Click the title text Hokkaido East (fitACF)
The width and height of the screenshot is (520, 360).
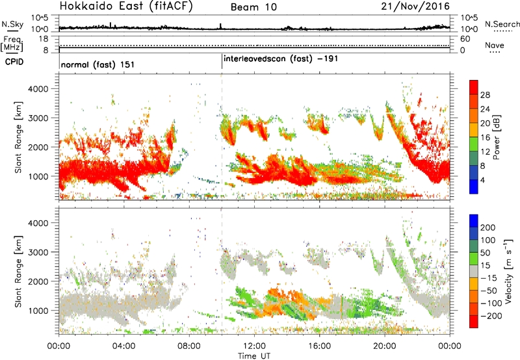[126, 6]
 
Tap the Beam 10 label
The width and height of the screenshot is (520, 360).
[253, 7]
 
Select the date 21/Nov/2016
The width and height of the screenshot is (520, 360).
[415, 6]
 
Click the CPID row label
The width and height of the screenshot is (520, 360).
[14, 62]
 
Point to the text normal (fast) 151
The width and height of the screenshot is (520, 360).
[98, 64]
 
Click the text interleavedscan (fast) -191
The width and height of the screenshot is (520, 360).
[281, 58]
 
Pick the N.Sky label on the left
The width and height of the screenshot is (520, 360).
[12, 24]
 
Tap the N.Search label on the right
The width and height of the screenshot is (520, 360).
[502, 24]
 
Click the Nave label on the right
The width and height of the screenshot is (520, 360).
[495, 45]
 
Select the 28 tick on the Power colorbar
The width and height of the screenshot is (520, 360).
[485, 95]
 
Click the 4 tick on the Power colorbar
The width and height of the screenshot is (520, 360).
[482, 180]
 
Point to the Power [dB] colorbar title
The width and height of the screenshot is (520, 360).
[497, 137]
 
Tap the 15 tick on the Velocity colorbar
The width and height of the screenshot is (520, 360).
[485, 266]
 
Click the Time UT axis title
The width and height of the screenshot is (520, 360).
[254, 355]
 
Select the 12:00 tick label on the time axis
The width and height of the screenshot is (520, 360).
[254, 346]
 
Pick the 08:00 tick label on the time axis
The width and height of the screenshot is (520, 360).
[189, 346]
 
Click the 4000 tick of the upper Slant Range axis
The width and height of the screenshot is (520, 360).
[38, 89]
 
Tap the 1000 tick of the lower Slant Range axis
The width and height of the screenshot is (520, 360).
[38, 311]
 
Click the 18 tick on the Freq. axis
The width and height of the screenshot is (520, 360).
[44, 39]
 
